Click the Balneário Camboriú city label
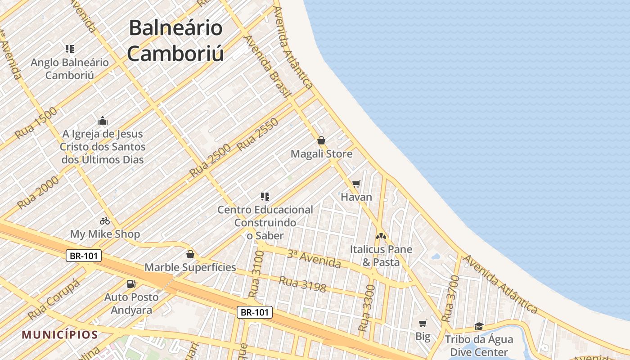click(175, 40)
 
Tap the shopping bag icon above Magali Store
click(321, 140)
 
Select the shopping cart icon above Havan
click(356, 184)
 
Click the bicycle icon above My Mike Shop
click(105, 221)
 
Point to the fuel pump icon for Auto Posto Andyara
click(131, 283)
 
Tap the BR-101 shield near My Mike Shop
click(84, 256)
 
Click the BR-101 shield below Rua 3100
click(255, 312)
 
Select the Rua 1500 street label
click(36, 122)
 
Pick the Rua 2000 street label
click(38, 192)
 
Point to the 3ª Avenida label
click(314, 258)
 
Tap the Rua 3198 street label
click(302, 284)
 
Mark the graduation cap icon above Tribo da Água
click(479, 326)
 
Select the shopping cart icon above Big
click(423, 323)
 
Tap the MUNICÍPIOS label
click(60, 335)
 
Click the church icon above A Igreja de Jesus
click(103, 121)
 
